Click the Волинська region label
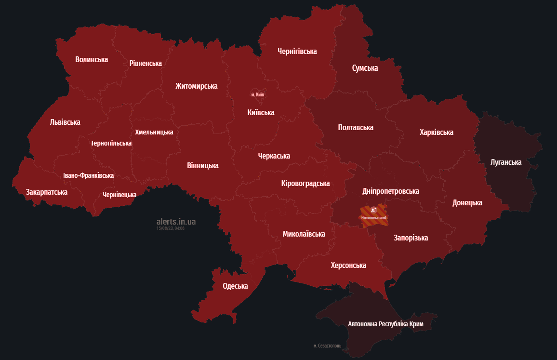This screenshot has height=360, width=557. tap(92, 60)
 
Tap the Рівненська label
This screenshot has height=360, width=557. tap(146, 64)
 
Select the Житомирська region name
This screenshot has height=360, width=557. tap(196, 86)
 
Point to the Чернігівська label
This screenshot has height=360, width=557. tap(297, 51)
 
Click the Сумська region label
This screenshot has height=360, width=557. tap(365, 68)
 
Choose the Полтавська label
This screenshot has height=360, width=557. tap(356, 128)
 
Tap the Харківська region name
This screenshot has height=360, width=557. tap(436, 133)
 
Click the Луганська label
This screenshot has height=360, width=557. tap(505, 162)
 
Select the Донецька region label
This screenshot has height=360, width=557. tap(467, 203)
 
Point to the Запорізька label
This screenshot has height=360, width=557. tap(411, 238)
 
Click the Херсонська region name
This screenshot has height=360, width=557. tap(348, 266)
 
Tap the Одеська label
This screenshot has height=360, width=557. tap(235, 286)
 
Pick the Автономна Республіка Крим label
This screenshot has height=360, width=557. tap(385, 324)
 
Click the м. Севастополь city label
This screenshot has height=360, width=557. tap(327, 346)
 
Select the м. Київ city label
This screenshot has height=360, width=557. tap(258, 94)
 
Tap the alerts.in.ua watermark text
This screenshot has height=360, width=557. tap(176, 222)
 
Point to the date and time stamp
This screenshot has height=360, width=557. tap(171, 228)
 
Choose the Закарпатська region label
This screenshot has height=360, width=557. tap(47, 192)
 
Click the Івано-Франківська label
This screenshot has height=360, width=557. tap(88, 176)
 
